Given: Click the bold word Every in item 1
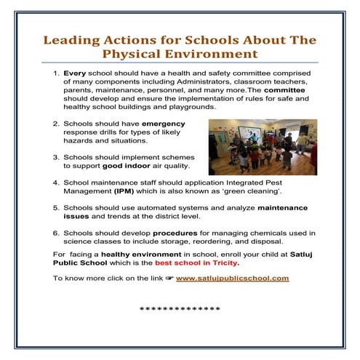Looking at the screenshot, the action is click(x=75, y=74).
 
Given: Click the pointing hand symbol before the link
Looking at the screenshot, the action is click(x=169, y=279).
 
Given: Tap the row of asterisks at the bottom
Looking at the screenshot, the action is click(x=180, y=310).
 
